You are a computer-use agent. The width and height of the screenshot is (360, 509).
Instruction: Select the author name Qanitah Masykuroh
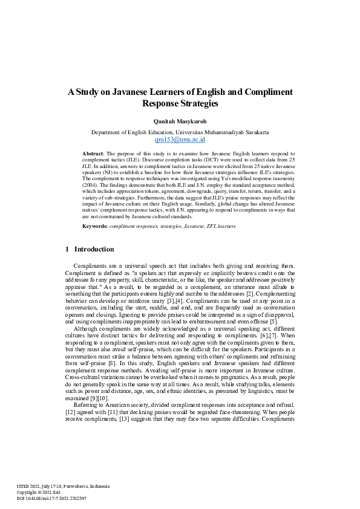(180, 120)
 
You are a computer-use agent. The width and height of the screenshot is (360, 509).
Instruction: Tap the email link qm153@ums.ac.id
(180, 138)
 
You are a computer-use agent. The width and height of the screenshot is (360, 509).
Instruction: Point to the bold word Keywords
(95, 225)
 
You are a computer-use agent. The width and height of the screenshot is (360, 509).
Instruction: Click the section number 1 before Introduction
(67, 249)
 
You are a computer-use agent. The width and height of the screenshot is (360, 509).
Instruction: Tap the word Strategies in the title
(197, 103)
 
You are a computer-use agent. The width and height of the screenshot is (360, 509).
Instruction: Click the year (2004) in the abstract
(92, 188)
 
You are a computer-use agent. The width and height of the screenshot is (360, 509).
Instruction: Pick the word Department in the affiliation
(108, 131)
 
